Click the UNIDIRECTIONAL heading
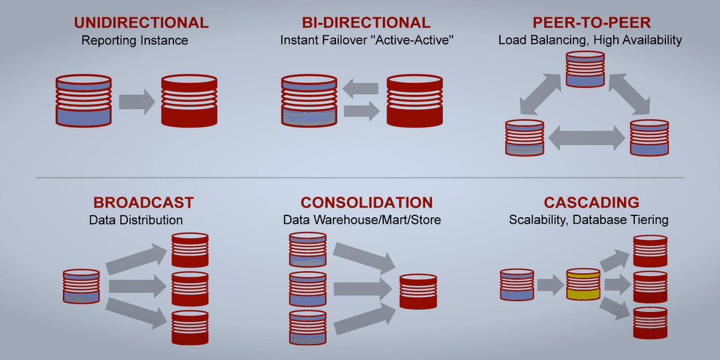tap(141, 23)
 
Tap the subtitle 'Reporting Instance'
tap(134, 41)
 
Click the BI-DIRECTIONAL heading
tap(366, 23)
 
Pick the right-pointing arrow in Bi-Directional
tap(362, 110)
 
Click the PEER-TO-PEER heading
tap(590, 23)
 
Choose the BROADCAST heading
tap(143, 202)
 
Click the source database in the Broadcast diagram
tap(82, 286)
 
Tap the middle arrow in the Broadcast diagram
tap(136, 286)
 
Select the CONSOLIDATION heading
tap(366, 202)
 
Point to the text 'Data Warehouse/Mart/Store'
tap(362, 220)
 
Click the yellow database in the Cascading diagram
tap(583, 284)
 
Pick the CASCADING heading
tap(591, 202)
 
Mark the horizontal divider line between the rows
tap(360, 178)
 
